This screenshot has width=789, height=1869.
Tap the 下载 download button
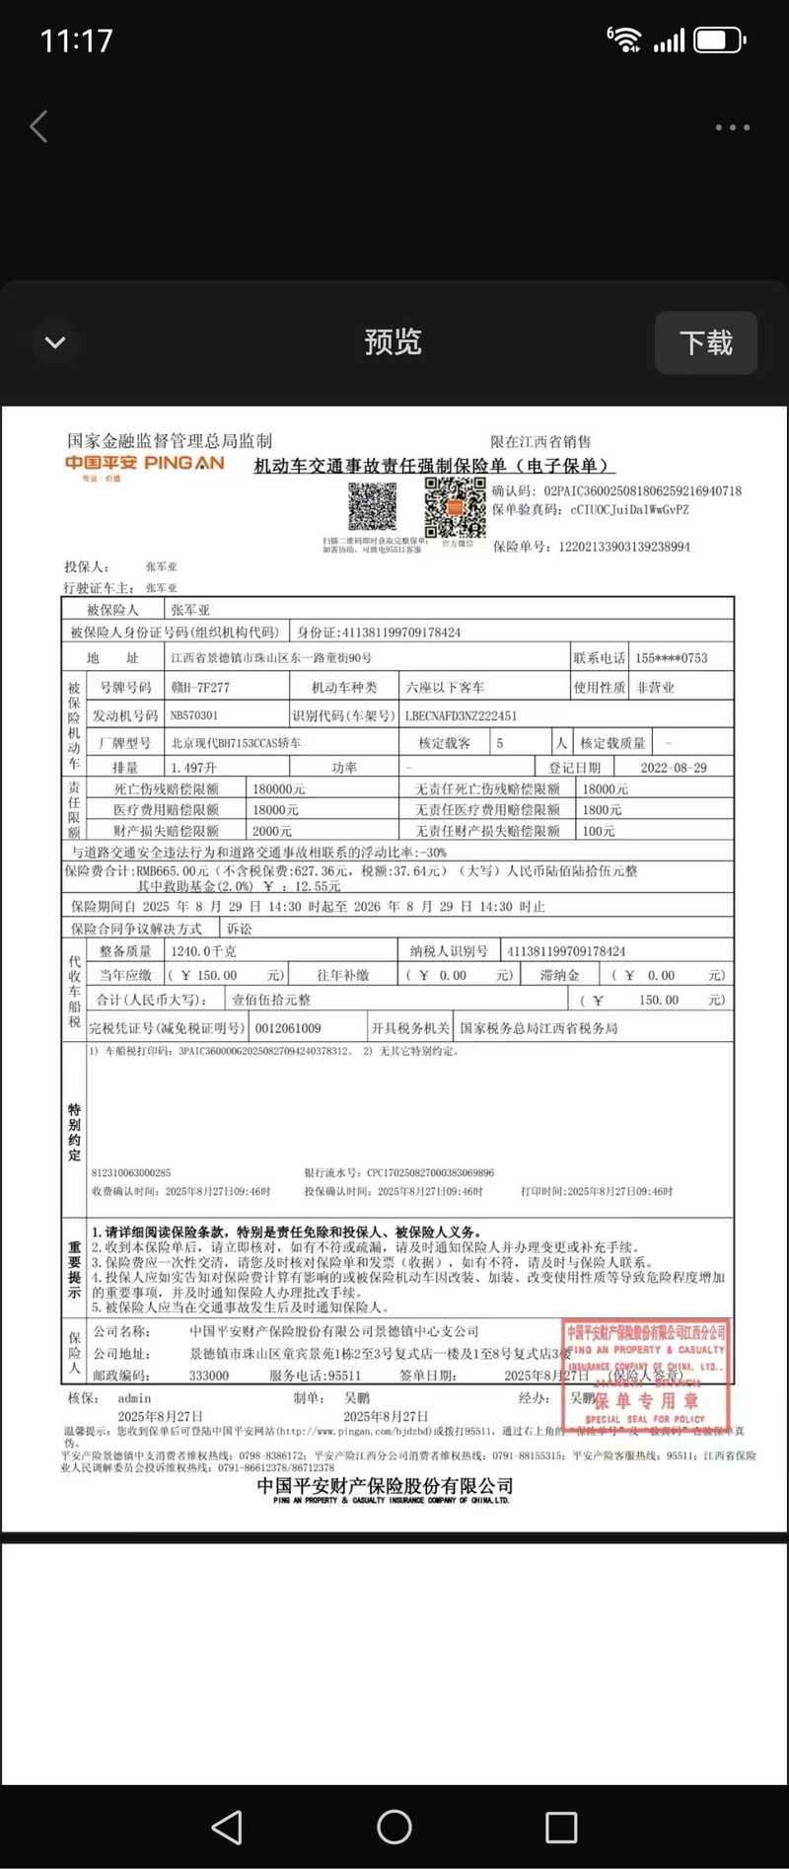[x=706, y=342]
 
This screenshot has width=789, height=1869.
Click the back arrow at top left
[x=39, y=126]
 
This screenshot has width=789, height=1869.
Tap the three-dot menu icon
[x=732, y=127]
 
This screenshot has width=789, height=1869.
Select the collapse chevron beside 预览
[x=55, y=342]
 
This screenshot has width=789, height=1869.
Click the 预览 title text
[x=393, y=342]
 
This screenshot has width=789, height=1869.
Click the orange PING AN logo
[x=145, y=464]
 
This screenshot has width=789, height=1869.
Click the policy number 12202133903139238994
[x=623, y=547]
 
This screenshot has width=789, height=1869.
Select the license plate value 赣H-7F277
[x=200, y=688]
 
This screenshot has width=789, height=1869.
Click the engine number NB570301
[x=194, y=715]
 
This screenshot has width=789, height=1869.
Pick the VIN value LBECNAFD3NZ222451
[x=461, y=715]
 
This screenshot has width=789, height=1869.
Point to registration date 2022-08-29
[x=674, y=768]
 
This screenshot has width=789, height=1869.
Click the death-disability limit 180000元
[x=278, y=789]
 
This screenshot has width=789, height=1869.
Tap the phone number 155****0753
[x=671, y=658]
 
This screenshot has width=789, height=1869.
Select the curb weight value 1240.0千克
[x=203, y=951]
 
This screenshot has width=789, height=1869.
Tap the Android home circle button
[x=394, y=1828]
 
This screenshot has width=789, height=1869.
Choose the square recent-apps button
[x=561, y=1828]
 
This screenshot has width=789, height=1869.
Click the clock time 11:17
[x=77, y=40]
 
